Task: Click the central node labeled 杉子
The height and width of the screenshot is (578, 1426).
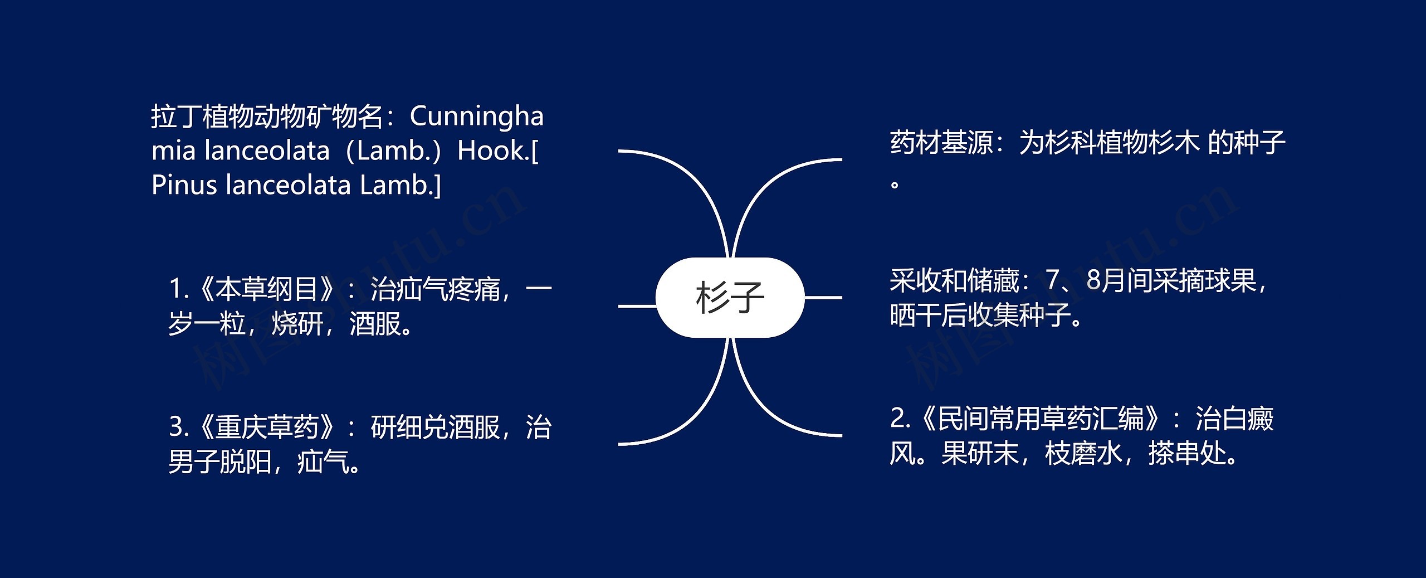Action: coord(730,298)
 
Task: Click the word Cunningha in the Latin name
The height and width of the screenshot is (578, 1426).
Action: coord(476,116)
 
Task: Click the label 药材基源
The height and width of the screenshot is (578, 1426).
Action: coord(941,143)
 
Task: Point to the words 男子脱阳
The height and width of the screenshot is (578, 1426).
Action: coord(219,462)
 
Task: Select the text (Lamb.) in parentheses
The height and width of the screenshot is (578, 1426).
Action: coord(393,150)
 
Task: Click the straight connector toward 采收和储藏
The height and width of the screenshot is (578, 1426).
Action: coord(823,298)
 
